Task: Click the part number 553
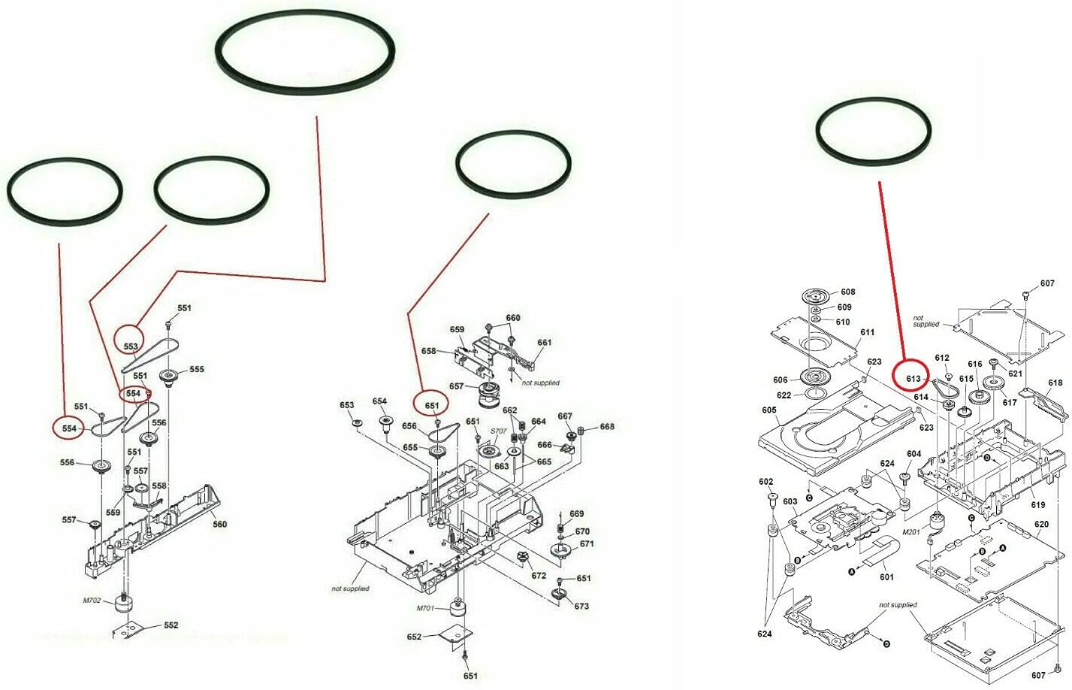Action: click(131, 347)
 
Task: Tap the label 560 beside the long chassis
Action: click(219, 524)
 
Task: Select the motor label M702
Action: click(92, 601)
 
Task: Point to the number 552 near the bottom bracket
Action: click(171, 625)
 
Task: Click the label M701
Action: click(425, 609)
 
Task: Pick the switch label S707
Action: click(498, 431)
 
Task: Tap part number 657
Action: click(457, 386)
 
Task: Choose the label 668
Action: click(607, 426)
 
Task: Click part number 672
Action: click(539, 575)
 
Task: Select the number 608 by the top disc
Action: click(847, 292)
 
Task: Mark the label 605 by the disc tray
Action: click(769, 410)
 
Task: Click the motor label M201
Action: click(911, 531)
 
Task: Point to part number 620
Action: click(1041, 524)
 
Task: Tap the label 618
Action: click(1055, 383)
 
